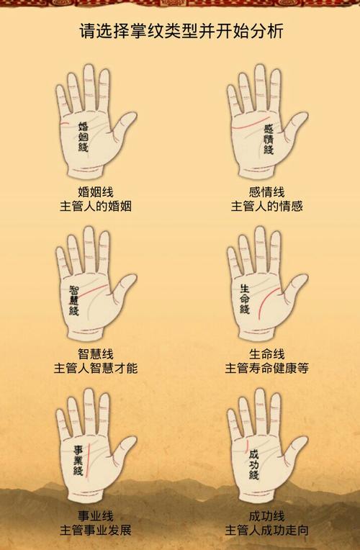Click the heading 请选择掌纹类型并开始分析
181,31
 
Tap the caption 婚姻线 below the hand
96,192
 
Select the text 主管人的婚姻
96,206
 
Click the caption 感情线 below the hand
266,192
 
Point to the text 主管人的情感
266,206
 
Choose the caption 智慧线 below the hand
96,353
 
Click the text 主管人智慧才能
96,368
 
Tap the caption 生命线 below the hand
266,353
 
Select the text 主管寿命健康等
266,368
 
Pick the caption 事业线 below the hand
96,516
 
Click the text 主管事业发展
96,530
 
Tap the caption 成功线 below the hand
266,516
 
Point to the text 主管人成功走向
266,530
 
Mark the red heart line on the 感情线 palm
250,122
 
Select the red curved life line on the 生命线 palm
266,300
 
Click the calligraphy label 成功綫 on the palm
253,465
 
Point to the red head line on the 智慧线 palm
92,291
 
